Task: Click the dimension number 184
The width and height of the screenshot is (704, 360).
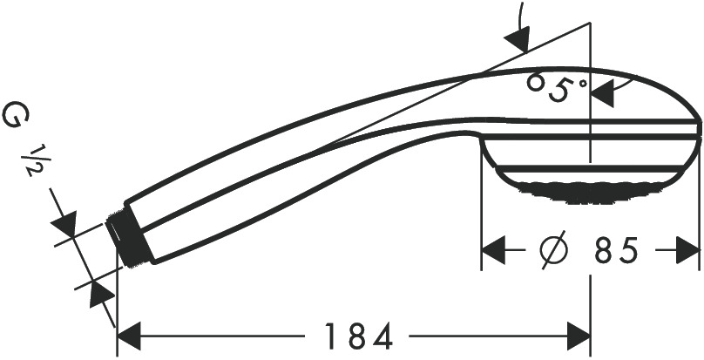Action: (x=358, y=336)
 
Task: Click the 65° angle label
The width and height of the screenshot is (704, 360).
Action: (x=557, y=88)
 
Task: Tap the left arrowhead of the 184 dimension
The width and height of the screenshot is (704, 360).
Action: (x=129, y=336)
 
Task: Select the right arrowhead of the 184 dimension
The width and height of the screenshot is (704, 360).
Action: (x=578, y=336)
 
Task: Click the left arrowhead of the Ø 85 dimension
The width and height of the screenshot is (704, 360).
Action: (x=493, y=250)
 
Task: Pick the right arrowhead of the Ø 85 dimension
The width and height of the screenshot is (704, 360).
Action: (x=687, y=250)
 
